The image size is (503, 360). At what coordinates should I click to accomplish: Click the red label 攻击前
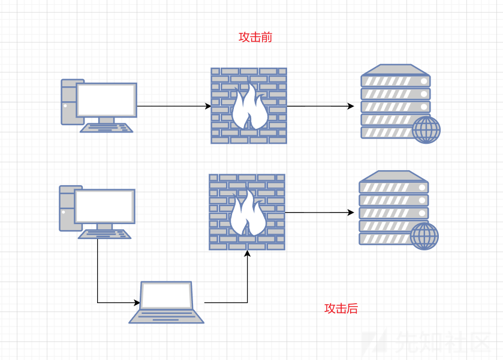click(x=255, y=37)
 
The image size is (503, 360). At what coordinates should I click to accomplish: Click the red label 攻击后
click(x=341, y=308)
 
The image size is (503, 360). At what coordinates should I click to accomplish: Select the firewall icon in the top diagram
click(x=248, y=105)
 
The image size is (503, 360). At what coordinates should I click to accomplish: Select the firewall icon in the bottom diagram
click(x=246, y=212)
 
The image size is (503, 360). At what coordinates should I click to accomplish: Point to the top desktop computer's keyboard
click(x=107, y=128)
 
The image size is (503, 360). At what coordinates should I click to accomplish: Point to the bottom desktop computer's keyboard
click(x=104, y=234)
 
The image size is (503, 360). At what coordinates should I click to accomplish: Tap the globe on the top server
click(x=426, y=129)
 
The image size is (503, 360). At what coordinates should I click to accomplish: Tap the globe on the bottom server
click(x=424, y=235)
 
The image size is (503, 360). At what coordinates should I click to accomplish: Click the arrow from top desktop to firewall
click(x=174, y=106)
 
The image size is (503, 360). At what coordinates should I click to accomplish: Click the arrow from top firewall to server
click(x=320, y=106)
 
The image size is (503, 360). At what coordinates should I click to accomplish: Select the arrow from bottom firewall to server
click(x=318, y=213)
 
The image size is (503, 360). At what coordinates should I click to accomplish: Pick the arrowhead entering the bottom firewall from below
click(x=247, y=255)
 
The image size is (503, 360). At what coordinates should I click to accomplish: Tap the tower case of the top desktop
click(x=68, y=102)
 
